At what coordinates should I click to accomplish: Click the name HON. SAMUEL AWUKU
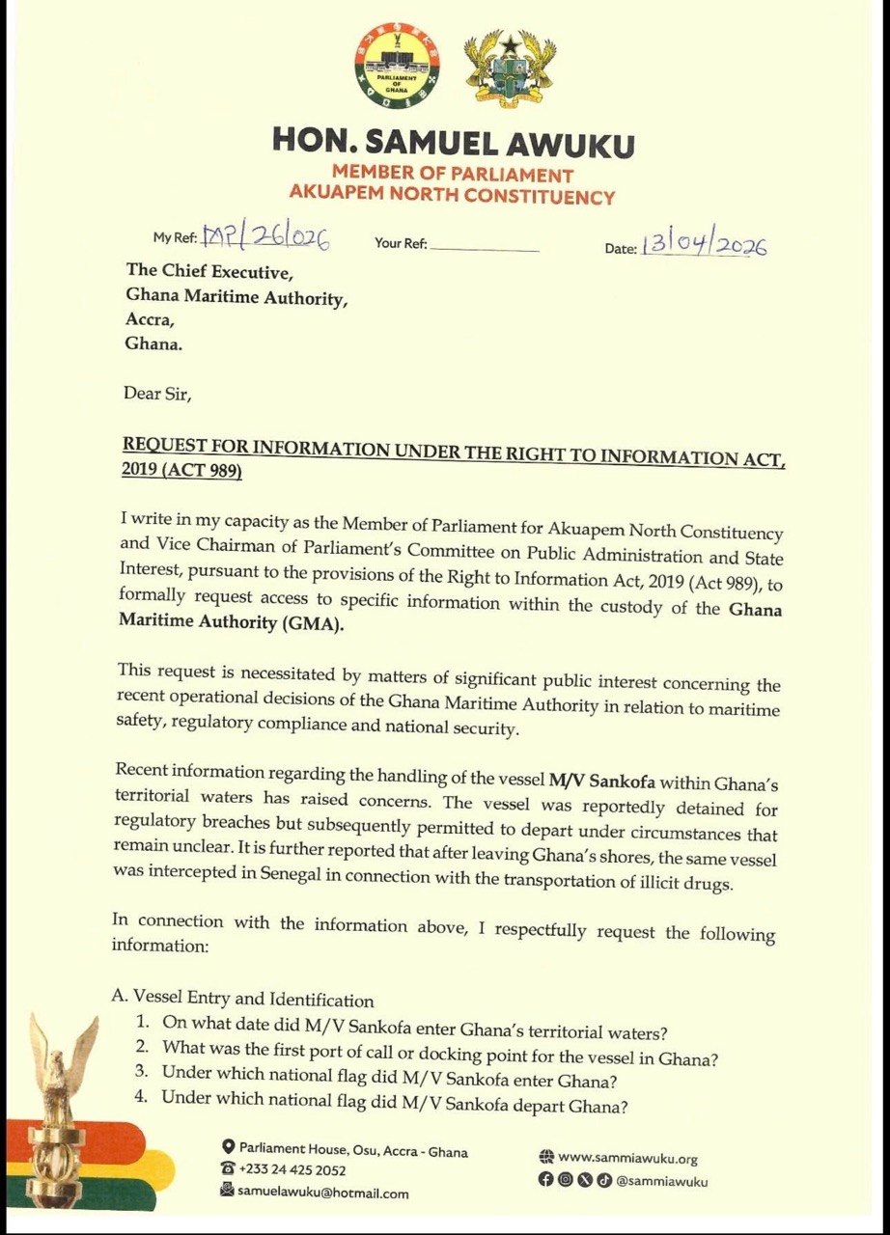[x=453, y=143]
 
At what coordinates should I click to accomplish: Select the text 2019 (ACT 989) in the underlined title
[x=181, y=472]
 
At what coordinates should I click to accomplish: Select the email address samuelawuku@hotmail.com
[x=323, y=1193]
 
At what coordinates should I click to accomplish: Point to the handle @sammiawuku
[x=661, y=1181]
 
